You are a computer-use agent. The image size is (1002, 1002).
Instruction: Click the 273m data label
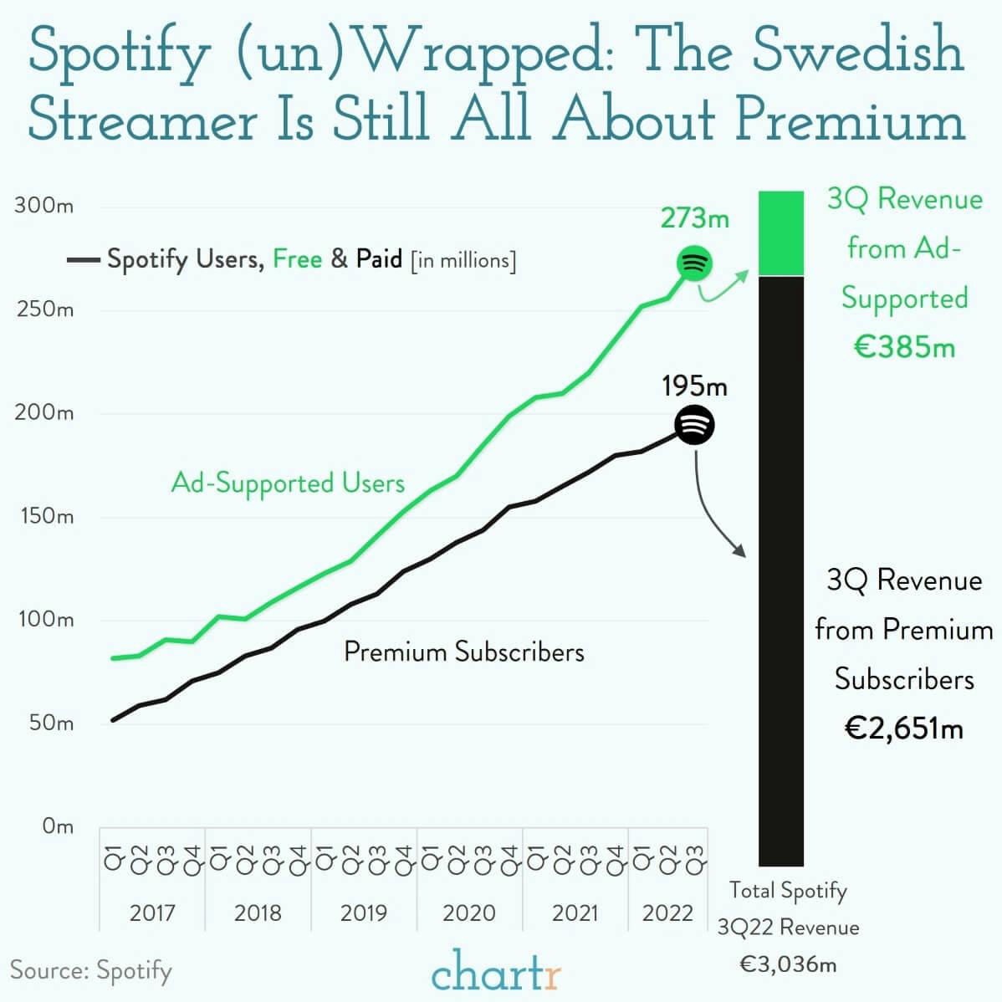pyautogui.click(x=694, y=218)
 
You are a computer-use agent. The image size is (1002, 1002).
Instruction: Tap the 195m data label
pyautogui.click(x=694, y=386)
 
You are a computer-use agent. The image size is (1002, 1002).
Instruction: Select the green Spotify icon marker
pyautogui.click(x=693, y=263)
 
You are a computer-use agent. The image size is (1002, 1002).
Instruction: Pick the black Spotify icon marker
pyautogui.click(x=694, y=425)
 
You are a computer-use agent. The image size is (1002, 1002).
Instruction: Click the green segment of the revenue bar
pyautogui.click(x=780, y=233)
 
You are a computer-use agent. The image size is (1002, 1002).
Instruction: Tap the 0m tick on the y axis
pyautogui.click(x=57, y=826)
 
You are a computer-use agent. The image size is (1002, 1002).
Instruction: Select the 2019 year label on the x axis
pyautogui.click(x=363, y=913)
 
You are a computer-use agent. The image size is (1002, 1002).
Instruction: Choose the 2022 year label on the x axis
pyautogui.click(x=667, y=913)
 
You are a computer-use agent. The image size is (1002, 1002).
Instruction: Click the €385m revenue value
pyautogui.click(x=903, y=346)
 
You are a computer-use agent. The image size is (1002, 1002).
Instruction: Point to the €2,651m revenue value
pyautogui.click(x=903, y=728)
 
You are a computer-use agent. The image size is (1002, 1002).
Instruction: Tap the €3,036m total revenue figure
pyautogui.click(x=788, y=964)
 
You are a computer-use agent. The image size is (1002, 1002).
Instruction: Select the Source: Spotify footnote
pyautogui.click(x=90, y=970)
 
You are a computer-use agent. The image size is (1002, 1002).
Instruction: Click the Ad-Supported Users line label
pyautogui.click(x=288, y=483)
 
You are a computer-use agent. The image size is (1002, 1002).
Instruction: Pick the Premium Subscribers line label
pyautogui.click(x=463, y=652)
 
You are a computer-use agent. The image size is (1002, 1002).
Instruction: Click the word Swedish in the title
pyautogui.click(x=857, y=50)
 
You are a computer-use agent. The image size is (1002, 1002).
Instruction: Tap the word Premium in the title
pyautogui.click(x=851, y=120)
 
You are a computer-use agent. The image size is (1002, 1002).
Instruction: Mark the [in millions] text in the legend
pyautogui.click(x=463, y=261)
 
